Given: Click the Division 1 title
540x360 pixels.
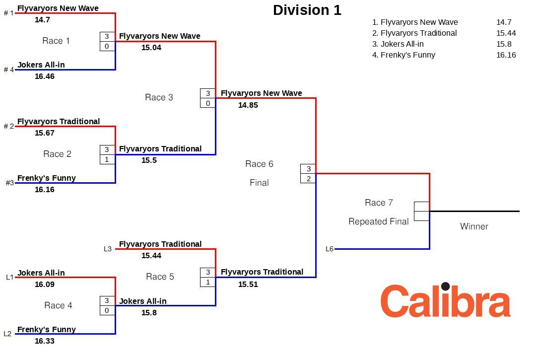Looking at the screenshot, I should tap(307, 10).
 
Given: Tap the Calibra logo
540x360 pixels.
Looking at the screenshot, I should tap(445, 300).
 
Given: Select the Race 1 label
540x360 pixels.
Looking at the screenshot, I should tap(56, 41).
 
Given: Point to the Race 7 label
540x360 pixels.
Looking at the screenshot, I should tap(379, 203).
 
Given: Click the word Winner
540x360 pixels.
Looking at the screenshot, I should tap(474, 226).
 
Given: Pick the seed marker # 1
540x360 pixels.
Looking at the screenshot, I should tap(9, 13).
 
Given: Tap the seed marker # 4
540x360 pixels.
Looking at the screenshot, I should tap(9, 70).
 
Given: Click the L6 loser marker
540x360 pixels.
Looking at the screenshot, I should tap(330, 249).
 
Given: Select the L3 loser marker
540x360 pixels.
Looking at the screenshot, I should tap(108, 249).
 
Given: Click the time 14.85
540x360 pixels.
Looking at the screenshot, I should tap(248, 105).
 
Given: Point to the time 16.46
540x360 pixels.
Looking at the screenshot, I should tap(45, 76).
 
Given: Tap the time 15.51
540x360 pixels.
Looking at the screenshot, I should tap(248, 285).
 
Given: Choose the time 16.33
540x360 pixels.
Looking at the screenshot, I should tap(45, 341).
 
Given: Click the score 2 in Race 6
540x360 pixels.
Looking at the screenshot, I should tap(308, 178).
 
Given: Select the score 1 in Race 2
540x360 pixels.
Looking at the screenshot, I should tap(107, 159).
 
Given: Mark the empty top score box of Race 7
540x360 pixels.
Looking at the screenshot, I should tap(421, 206).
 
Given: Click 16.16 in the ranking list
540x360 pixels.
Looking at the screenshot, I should tap(506, 55).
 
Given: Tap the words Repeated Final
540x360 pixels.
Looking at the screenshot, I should tap(379, 221).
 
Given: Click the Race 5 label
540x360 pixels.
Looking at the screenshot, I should tap(160, 277).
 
